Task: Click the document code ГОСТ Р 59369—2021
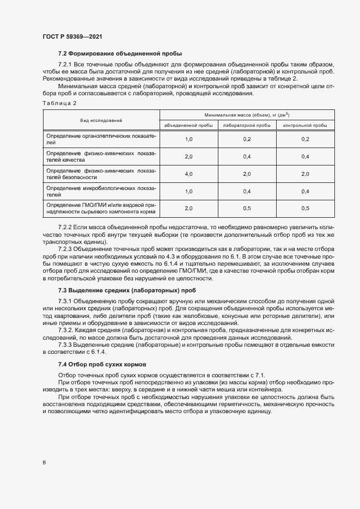[72, 36]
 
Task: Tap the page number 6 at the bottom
[44, 463]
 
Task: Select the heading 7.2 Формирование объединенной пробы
[120, 53]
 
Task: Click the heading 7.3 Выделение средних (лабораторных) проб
[126, 291]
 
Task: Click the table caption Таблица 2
[59, 103]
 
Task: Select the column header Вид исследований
[101, 120]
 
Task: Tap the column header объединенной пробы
[188, 125]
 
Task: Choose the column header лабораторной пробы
[247, 125]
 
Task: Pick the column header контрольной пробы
[305, 125]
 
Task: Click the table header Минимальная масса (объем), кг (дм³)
[247, 114]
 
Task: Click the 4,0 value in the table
[189, 174]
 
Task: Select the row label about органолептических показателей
[101, 139]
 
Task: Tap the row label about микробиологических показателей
[101, 191]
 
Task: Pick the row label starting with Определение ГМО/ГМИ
[101, 208]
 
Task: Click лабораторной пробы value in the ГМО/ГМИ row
[247, 208]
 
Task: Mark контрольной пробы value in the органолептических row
[305, 139]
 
